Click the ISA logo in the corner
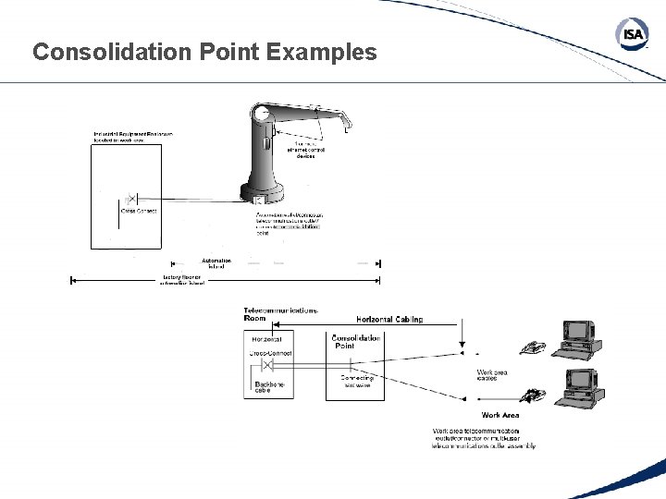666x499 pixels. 632,34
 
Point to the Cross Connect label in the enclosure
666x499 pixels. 139,211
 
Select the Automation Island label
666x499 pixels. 216,263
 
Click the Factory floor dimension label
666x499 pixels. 181,280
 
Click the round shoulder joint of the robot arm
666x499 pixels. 263,115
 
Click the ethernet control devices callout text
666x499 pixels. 306,150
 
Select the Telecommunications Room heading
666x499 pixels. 280,313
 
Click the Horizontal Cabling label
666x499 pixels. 389,320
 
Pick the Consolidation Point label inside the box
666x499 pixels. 355,342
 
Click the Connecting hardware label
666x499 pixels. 356,381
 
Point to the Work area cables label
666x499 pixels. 492,375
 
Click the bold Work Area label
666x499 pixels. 499,416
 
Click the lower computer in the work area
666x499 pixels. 582,388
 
